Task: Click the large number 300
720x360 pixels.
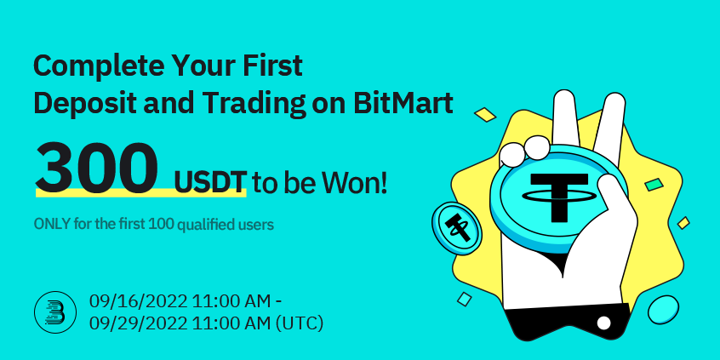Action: point(96,166)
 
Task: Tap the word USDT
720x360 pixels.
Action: point(209,181)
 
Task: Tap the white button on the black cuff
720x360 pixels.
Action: point(603,323)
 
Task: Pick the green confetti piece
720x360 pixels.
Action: point(654,184)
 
